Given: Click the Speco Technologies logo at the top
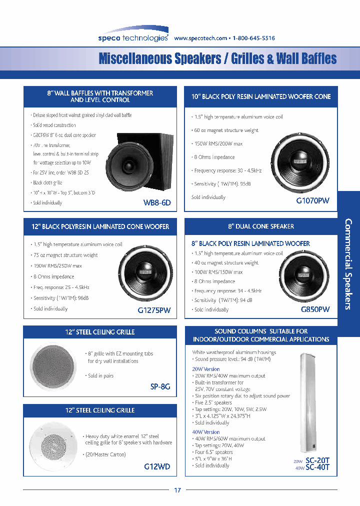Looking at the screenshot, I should (133, 37).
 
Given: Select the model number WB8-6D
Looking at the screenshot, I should (157, 203).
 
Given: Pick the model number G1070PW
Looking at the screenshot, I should (312, 200).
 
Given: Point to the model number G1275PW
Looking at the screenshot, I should (154, 310).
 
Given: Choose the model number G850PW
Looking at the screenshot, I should (315, 309).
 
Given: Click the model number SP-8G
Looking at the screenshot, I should (160, 386).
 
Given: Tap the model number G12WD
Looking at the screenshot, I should (157, 466).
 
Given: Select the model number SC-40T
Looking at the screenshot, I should (317, 468).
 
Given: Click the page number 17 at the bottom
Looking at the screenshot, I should (177, 490).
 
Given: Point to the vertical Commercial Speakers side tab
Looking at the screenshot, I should (349, 263).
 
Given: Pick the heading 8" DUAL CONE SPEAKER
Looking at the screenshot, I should (261, 226).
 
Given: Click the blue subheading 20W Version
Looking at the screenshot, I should (206, 369).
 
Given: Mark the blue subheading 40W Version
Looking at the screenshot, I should (206, 432).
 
